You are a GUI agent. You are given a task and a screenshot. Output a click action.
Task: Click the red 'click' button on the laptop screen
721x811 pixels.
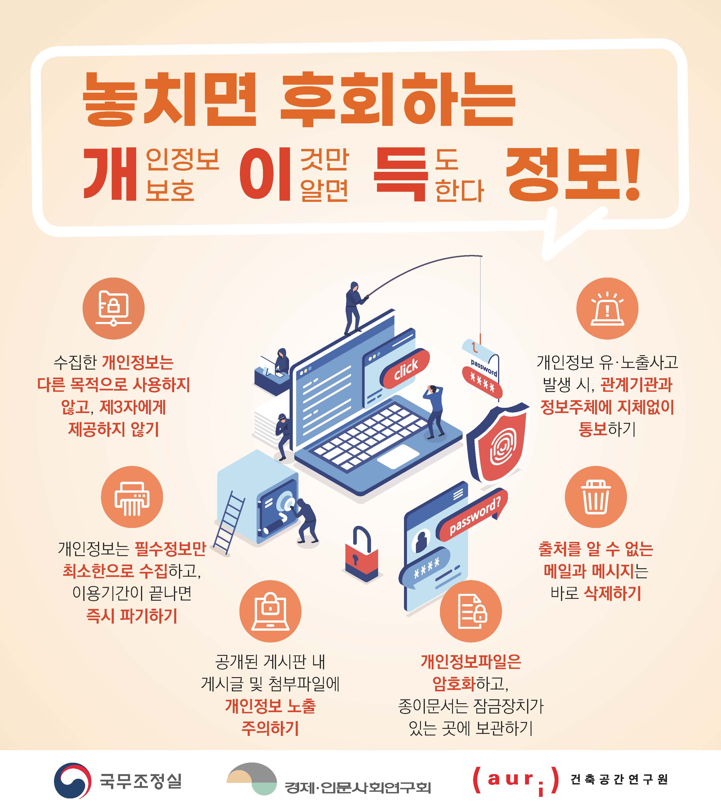[405, 369]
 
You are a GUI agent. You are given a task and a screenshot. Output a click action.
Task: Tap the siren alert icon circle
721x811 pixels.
[607, 308]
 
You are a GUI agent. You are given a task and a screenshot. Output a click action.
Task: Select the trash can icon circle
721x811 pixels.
[596, 497]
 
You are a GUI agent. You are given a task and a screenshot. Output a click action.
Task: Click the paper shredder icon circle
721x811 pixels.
[132, 497]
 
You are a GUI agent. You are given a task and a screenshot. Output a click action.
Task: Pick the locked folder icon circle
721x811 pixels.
[114, 308]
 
